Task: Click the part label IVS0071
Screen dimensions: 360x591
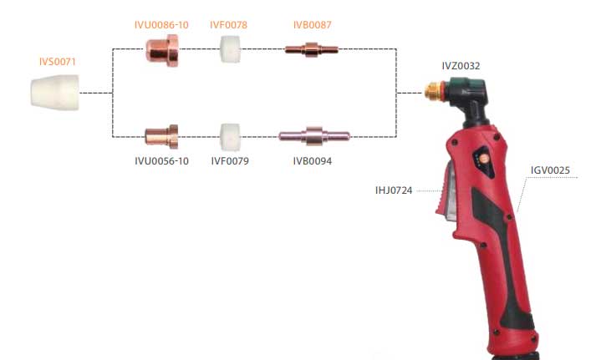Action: [60, 62]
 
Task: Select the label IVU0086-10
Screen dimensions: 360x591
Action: [161, 25]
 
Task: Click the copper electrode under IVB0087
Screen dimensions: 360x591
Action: [311, 50]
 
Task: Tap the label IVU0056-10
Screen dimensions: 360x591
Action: [161, 160]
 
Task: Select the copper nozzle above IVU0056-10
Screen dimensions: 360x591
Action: [160, 134]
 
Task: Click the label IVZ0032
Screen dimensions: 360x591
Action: [461, 64]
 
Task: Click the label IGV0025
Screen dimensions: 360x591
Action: [550, 171]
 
